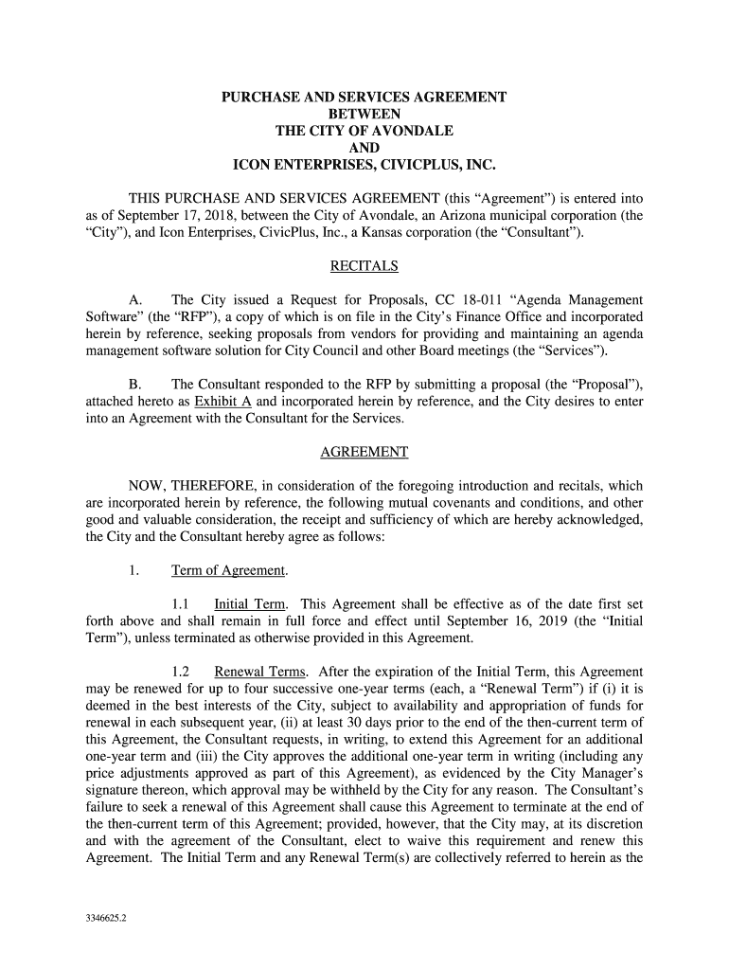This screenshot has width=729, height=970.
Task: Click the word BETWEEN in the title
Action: pyautogui.click(x=364, y=115)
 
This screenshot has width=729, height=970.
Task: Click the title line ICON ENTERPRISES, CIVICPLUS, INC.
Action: pyautogui.click(x=364, y=166)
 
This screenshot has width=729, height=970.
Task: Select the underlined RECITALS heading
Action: pyautogui.click(x=364, y=266)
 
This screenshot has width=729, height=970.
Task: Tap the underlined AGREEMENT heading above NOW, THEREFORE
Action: pyautogui.click(x=364, y=452)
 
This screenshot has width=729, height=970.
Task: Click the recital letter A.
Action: pyautogui.click(x=134, y=300)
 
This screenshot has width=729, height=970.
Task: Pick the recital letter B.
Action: pyautogui.click(x=134, y=385)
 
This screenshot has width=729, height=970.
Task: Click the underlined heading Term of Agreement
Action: pyautogui.click(x=228, y=570)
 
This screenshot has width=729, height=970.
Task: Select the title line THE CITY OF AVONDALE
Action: pyautogui.click(x=364, y=132)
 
